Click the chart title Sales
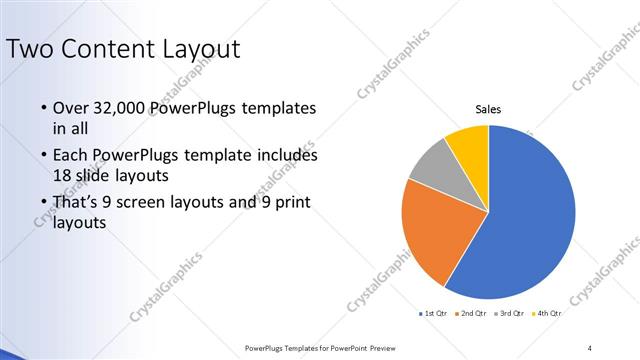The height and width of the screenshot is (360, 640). [x=488, y=109]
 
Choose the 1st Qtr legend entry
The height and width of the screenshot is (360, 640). [x=432, y=313]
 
